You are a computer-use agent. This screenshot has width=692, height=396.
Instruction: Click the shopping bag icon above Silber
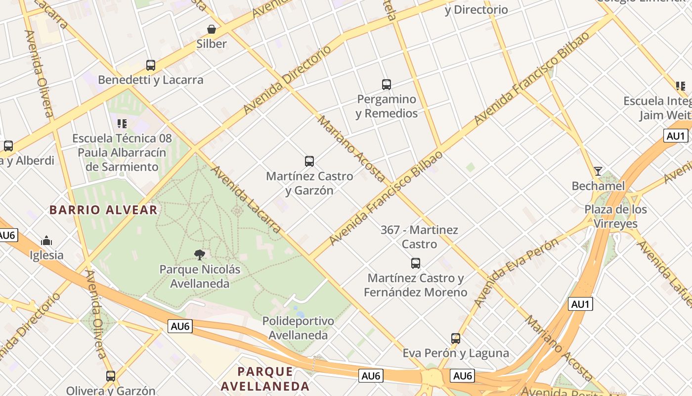[x=212, y=29]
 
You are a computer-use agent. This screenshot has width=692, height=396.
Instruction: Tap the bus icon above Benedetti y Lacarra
[x=151, y=65]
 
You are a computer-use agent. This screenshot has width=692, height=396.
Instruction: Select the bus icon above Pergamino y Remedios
[x=387, y=85]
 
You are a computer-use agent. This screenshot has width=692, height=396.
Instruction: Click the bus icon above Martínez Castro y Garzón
[x=309, y=161]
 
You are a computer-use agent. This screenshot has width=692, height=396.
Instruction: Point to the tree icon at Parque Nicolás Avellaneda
[x=200, y=255]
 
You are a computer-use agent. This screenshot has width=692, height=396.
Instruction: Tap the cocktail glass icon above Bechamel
[x=598, y=171]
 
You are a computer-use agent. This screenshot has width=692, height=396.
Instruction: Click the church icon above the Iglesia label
[x=47, y=241]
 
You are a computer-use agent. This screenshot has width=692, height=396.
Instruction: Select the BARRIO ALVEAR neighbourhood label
[x=103, y=210]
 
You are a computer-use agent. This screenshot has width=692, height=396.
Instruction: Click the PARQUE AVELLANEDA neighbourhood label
[x=265, y=379]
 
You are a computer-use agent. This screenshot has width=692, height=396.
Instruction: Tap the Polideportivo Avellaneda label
[x=298, y=328]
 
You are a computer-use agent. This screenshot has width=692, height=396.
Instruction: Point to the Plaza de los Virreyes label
[x=615, y=216]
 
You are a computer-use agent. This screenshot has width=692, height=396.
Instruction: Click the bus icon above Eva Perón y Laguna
[x=456, y=339]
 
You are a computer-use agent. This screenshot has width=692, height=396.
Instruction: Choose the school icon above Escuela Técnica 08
[x=122, y=124]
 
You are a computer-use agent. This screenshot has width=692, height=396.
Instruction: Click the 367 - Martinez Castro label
[x=419, y=237]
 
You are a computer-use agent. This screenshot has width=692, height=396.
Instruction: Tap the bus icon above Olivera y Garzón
[x=111, y=376]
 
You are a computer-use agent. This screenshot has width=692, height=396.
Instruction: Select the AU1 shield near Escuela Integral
[x=675, y=136]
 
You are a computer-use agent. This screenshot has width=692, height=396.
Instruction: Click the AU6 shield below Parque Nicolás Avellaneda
[x=180, y=326]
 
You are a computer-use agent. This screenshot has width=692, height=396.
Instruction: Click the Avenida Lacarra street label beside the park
[x=246, y=199]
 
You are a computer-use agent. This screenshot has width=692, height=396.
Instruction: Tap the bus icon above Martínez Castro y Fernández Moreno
[x=416, y=263]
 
